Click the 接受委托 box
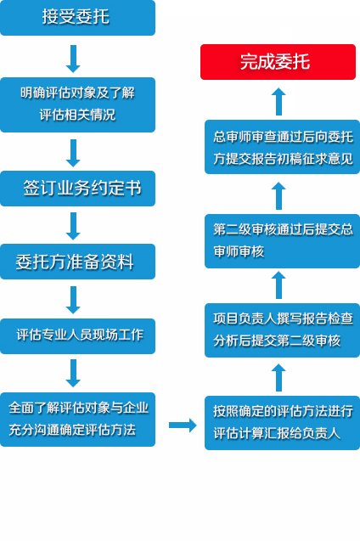coord(77,18)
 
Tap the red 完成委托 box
coord(278,62)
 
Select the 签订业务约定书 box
coord(77,189)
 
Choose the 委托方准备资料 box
coord(77,262)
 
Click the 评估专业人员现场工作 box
coord(77,336)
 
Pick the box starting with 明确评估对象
coord(77,105)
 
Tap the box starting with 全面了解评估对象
coord(77,420)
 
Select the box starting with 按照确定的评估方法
coord(282,423)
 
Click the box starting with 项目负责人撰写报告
coord(282,330)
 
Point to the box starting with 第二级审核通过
coord(282,241)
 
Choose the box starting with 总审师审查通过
coord(282,147)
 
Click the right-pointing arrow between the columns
coord(183,425)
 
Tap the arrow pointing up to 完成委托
coord(278,101)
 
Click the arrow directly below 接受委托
coord(73,59)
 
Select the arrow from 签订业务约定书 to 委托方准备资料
coord(73,226)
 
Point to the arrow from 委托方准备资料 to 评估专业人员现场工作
coord(73,300)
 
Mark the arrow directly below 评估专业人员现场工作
coord(73,374)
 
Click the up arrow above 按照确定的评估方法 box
coord(278,377)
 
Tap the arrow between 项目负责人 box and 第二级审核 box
coord(278,285)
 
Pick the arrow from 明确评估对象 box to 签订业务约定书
coord(73,153)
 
